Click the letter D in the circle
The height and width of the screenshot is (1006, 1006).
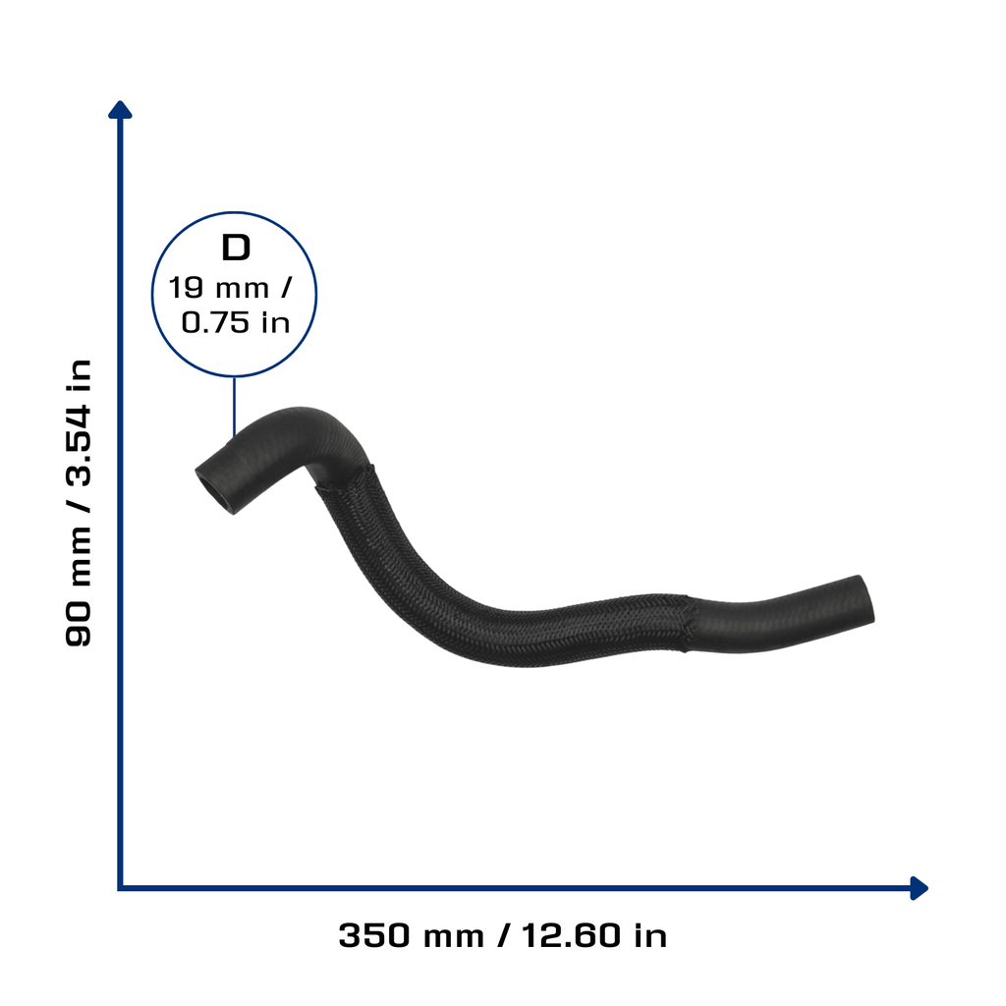click(236, 248)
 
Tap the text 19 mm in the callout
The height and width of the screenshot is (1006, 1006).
click(219, 288)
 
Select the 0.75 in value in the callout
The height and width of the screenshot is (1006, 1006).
click(236, 322)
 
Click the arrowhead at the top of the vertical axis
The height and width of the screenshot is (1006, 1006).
click(120, 110)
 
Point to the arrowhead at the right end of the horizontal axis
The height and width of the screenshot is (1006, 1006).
click(920, 888)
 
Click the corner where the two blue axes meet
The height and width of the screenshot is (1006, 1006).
click(120, 888)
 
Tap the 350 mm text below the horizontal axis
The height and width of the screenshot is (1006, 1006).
click(412, 935)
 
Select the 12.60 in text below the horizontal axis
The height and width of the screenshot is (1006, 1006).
click(594, 935)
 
